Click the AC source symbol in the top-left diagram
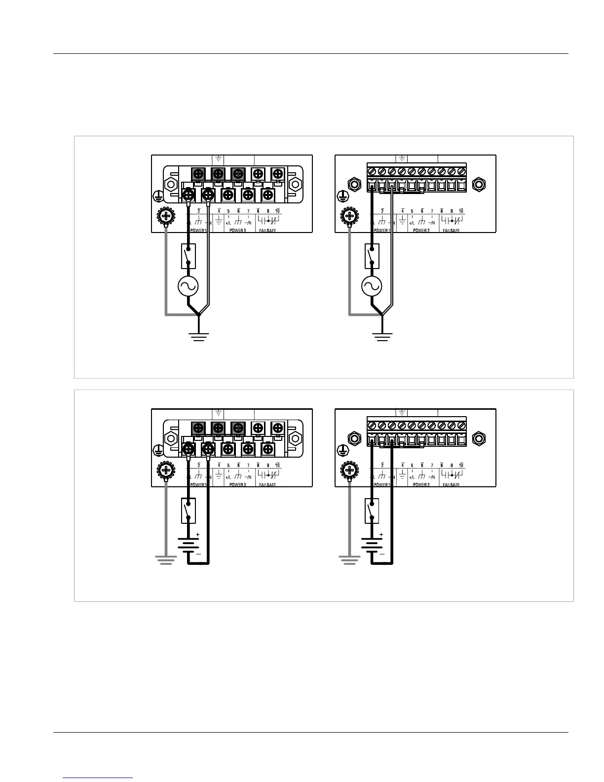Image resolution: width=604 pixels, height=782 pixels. tap(188, 286)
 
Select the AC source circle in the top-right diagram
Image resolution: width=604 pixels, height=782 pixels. tap(372, 286)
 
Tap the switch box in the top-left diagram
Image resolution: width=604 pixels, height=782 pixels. tap(189, 256)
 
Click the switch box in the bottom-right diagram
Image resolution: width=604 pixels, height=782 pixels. tap(372, 510)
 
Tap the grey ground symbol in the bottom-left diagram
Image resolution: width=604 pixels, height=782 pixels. tap(166, 559)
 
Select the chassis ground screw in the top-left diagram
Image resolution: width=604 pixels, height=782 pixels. tap(166, 216)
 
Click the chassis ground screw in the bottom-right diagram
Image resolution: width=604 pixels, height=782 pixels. tap(350, 469)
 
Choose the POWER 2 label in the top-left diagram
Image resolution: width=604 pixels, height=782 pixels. tap(237, 231)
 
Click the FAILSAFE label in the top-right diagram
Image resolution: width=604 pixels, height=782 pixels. tap(451, 231)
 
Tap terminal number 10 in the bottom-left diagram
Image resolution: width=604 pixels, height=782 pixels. tap(277, 465)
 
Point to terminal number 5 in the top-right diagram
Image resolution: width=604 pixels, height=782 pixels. tap(412, 211)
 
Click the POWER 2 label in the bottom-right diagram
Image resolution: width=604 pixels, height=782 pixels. tap(421, 485)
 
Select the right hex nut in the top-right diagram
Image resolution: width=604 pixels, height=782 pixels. tap(478, 185)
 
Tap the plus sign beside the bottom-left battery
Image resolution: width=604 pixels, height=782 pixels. tap(198, 535)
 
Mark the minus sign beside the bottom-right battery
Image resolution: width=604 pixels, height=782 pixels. tap(381, 554)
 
